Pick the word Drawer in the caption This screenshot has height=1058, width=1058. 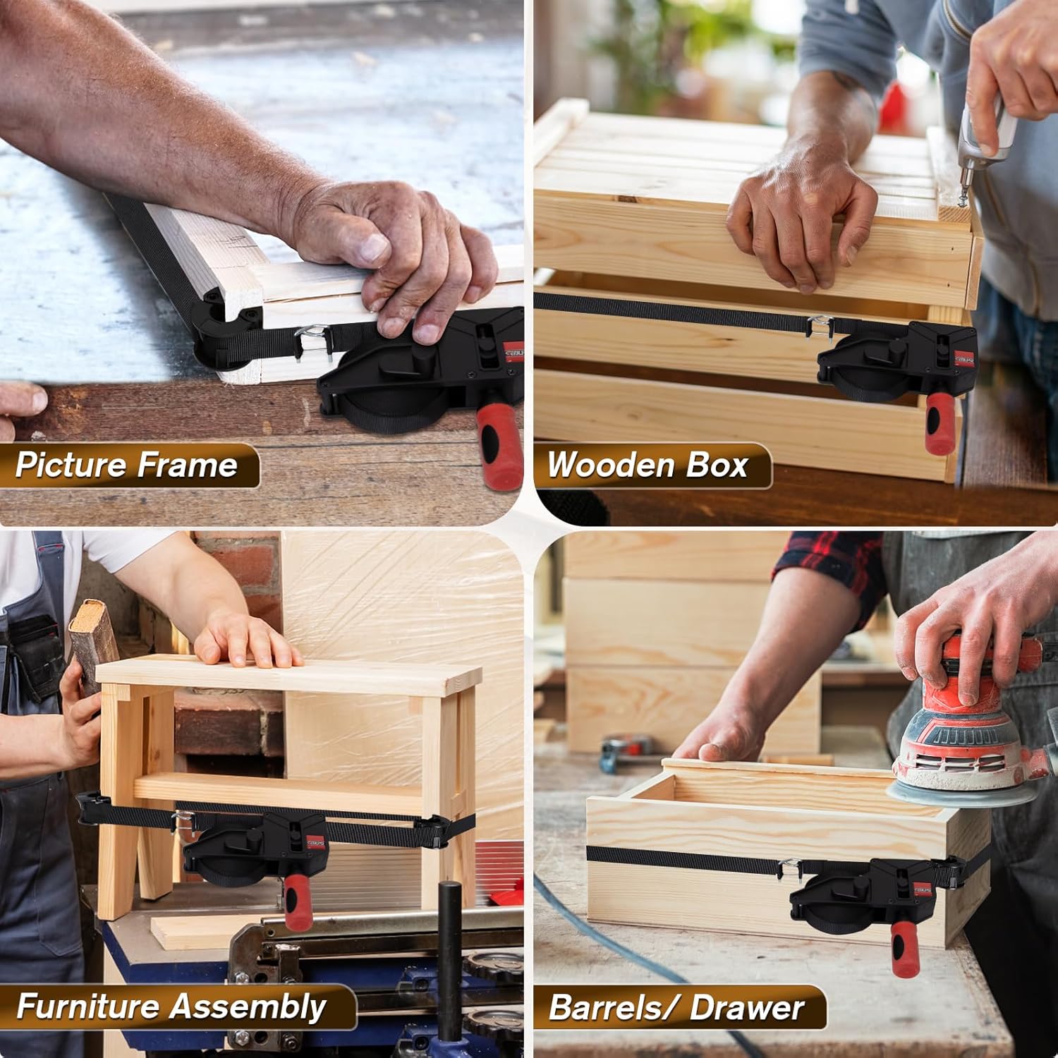[x=748, y=1008]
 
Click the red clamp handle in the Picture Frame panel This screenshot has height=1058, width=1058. [x=494, y=441]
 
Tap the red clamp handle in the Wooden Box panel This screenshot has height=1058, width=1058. [x=940, y=423]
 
